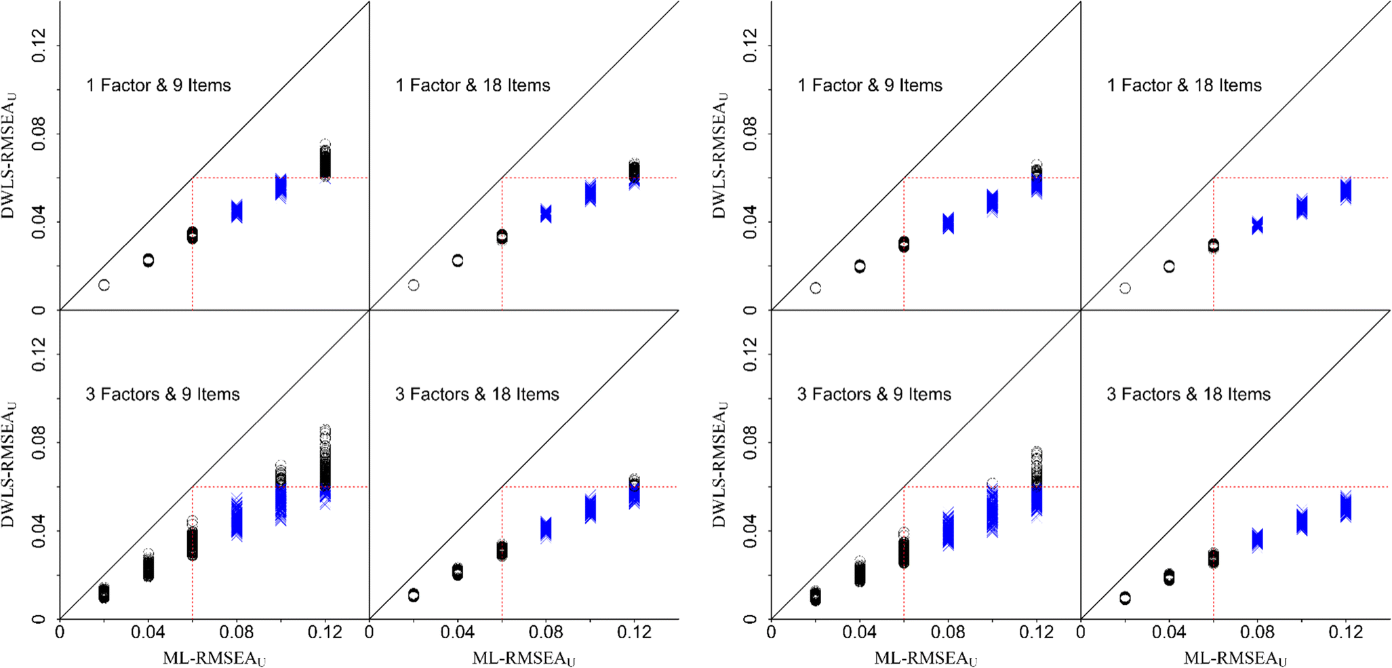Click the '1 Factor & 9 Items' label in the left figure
(x=158, y=85)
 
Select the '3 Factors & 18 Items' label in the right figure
(x=1188, y=394)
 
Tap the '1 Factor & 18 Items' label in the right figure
(x=1184, y=85)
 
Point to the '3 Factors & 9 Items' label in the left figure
(x=162, y=394)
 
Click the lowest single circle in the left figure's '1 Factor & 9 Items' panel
(x=104, y=285)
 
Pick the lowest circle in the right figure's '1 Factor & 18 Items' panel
(x=1125, y=288)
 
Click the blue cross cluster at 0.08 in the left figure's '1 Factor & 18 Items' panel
(x=546, y=214)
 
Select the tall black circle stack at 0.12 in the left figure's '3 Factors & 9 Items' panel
(x=325, y=461)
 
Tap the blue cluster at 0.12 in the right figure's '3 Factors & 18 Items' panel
(x=1345, y=507)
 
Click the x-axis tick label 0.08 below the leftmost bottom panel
(x=237, y=633)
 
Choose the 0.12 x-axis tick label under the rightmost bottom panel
(x=1345, y=633)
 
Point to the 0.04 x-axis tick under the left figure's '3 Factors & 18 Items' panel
(x=458, y=633)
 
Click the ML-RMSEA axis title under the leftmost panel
(x=214, y=658)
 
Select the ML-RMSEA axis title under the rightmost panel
(x=1235, y=658)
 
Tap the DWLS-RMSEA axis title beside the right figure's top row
(x=720, y=155)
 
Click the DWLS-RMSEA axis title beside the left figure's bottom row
(x=9, y=465)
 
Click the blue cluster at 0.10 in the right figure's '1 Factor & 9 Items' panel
(x=992, y=202)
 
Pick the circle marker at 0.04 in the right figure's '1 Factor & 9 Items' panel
(x=860, y=267)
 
